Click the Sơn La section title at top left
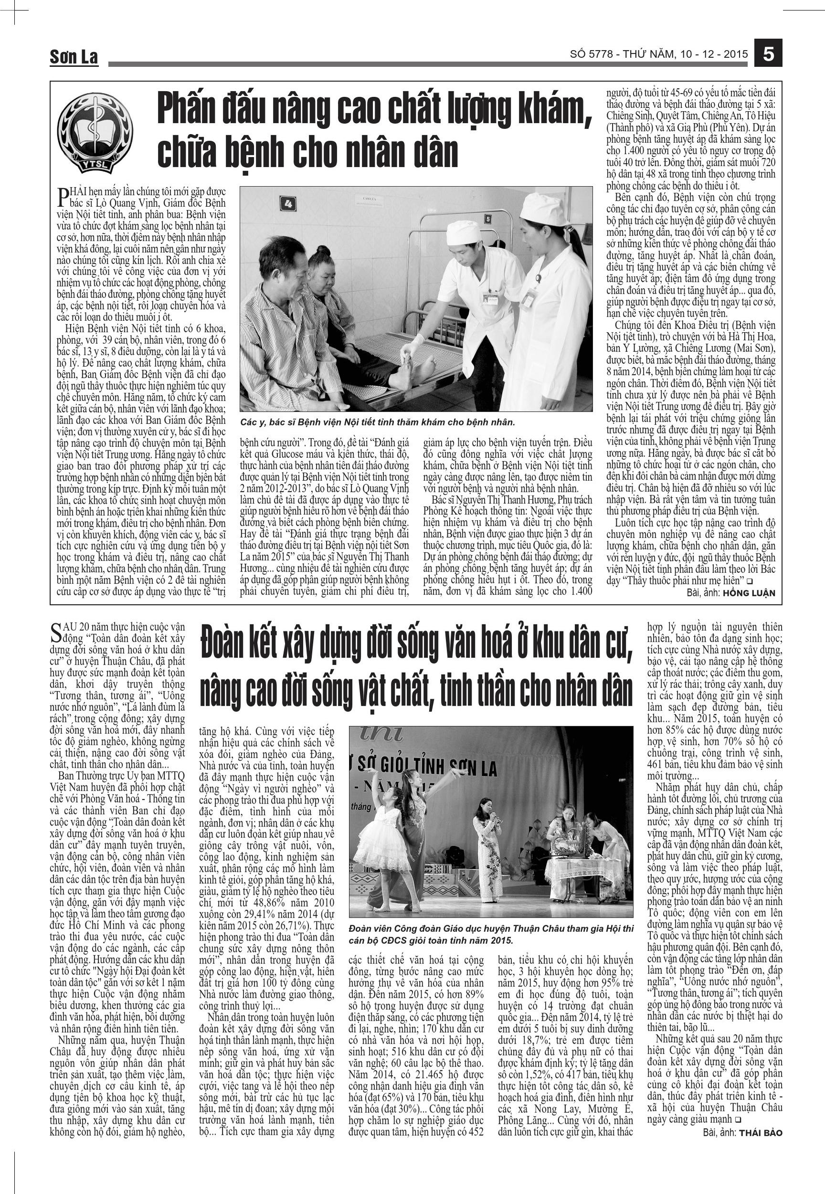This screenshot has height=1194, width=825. (x=74, y=57)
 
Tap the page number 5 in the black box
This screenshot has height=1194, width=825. (x=768, y=53)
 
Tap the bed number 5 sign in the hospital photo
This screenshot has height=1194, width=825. (x=487, y=219)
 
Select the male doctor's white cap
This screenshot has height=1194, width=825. (x=463, y=232)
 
